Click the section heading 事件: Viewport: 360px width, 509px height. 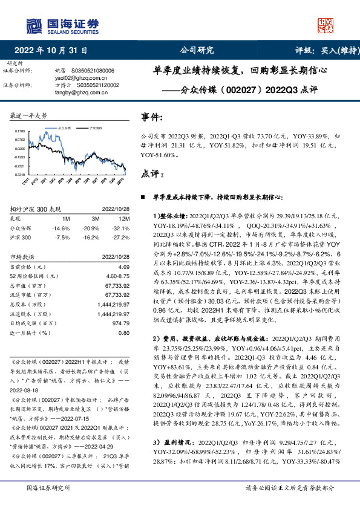(x=151, y=117)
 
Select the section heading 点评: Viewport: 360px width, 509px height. (x=151, y=173)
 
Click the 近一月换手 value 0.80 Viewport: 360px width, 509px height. (x=124, y=332)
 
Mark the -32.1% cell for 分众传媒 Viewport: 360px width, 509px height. (x=120, y=229)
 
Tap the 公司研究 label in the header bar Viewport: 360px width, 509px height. (x=197, y=51)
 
